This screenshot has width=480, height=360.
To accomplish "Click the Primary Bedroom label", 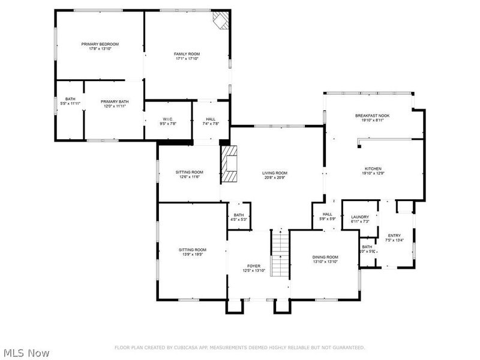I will point(100,44).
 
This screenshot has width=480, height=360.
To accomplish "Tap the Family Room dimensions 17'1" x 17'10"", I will point(187,59).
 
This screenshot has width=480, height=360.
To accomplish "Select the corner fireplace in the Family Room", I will point(221,22).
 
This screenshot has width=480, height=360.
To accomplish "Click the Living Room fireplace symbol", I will point(230,164).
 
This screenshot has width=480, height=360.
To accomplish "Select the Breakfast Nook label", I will point(372,115).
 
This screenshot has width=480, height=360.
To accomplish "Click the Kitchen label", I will point(373,169).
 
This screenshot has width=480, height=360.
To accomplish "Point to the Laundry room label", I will point(360,217).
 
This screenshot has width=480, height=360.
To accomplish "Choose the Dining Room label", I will point(325,257).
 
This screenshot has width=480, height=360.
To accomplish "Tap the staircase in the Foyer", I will point(279,255).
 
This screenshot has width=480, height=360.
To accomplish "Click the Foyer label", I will point(254,266).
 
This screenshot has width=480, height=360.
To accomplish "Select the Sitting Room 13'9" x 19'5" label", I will point(192,250).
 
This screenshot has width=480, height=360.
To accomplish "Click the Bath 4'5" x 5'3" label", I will point(239,215).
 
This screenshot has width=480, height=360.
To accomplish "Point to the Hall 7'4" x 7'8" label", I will point(211,119).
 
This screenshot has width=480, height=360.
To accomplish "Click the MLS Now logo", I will point(25,353).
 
